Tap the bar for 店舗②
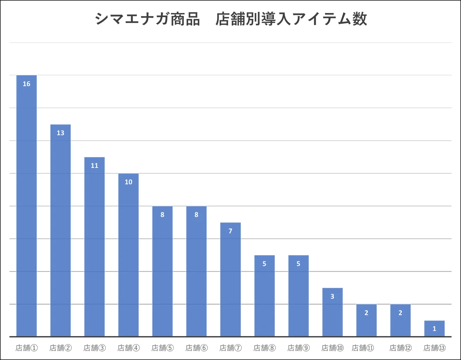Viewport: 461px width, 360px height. (x=60, y=231)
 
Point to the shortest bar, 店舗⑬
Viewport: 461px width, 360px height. (x=434, y=328)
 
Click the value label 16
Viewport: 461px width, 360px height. (x=27, y=84)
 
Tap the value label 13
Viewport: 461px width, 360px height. (x=60, y=133)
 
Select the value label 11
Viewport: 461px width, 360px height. (x=95, y=166)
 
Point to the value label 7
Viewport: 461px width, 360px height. (x=230, y=231)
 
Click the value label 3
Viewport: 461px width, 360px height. (x=332, y=297)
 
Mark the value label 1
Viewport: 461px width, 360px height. (x=434, y=329)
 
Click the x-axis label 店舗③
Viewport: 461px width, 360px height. (x=95, y=348)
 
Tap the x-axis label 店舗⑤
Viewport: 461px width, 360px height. (x=163, y=348)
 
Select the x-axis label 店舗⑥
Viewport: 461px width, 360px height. (x=196, y=348)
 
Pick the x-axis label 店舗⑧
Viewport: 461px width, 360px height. (x=264, y=348)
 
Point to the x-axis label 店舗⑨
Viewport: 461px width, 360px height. (x=298, y=348)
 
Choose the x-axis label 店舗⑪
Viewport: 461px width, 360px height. (x=363, y=348)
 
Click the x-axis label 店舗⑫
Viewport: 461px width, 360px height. (x=400, y=348)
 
